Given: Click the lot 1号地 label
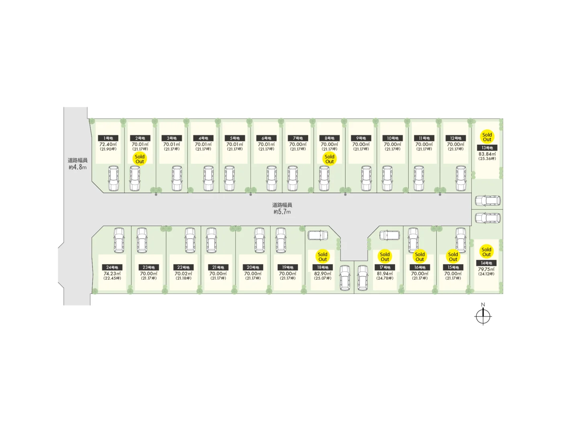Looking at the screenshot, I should pyautogui.click(x=108, y=138).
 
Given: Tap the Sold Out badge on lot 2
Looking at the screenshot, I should pyautogui.click(x=140, y=159).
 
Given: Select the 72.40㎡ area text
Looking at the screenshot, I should pyautogui.click(x=108, y=144).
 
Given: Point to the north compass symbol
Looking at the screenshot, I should pyautogui.click(x=483, y=316).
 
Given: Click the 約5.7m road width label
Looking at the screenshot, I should pyautogui.click(x=282, y=212).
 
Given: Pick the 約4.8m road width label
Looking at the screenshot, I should pyautogui.click(x=77, y=167).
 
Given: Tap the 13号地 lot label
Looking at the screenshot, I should pyautogui.click(x=487, y=148).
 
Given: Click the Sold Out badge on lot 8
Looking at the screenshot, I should pyautogui.click(x=330, y=159).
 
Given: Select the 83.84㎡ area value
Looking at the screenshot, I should pyautogui.click(x=487, y=154).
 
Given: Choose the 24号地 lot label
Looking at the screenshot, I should pyautogui.click(x=112, y=267).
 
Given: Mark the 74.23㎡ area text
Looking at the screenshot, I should pyautogui.click(x=112, y=273).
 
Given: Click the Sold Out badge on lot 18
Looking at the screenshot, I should pyautogui.click(x=323, y=257).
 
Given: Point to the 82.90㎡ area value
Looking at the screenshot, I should pyautogui.click(x=323, y=273).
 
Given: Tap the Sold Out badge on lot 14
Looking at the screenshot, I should pyautogui.click(x=487, y=252).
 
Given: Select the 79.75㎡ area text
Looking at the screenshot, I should pyautogui.click(x=486, y=269).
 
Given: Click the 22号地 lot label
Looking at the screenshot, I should pyautogui.click(x=183, y=267).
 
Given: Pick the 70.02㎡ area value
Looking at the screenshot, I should pyautogui.click(x=183, y=273).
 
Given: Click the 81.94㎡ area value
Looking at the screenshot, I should pyautogui.click(x=385, y=273).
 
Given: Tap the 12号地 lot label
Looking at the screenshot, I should pyautogui.click(x=456, y=138).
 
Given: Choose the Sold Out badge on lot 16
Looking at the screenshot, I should pyautogui.click(x=420, y=257).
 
